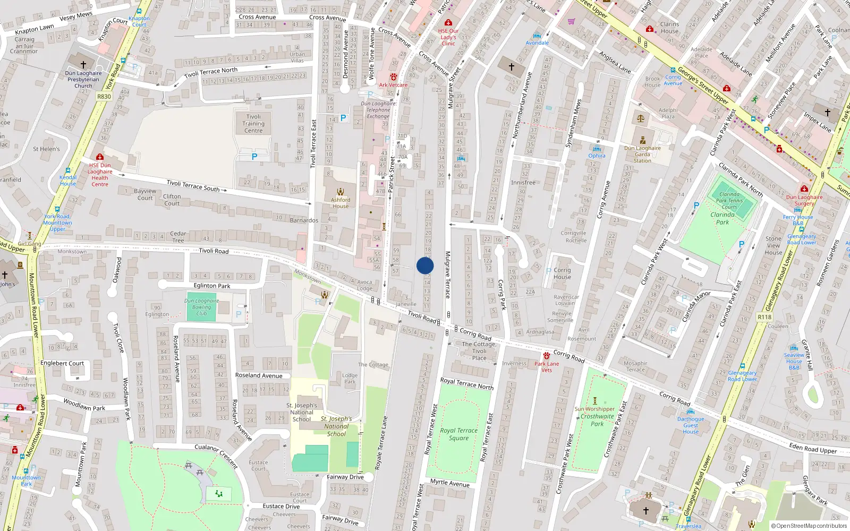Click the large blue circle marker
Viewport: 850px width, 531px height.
click(x=425, y=265)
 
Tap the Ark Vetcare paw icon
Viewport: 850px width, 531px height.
click(x=393, y=77)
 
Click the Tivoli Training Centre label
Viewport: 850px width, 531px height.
click(x=253, y=124)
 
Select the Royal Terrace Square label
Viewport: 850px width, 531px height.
click(x=458, y=434)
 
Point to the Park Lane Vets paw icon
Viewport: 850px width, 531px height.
click(x=546, y=356)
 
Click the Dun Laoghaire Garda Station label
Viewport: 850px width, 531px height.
click(x=642, y=155)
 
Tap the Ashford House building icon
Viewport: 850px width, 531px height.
click(x=341, y=192)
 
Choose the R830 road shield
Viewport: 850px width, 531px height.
click(x=104, y=97)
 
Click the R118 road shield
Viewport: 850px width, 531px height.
click(x=764, y=317)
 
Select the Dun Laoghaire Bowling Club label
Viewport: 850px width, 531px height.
click(x=201, y=307)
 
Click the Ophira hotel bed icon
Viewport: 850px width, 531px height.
click(x=597, y=149)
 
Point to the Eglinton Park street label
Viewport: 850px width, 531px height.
click(x=212, y=286)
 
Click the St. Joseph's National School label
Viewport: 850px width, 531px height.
click(x=302, y=412)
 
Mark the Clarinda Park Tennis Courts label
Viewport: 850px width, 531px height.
click(x=729, y=201)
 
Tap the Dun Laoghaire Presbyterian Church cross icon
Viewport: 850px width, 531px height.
click(x=83, y=64)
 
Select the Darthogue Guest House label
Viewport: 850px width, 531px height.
click(x=691, y=425)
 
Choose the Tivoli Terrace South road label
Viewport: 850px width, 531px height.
click(x=193, y=185)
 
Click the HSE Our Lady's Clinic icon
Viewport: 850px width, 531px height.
click(x=448, y=23)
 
